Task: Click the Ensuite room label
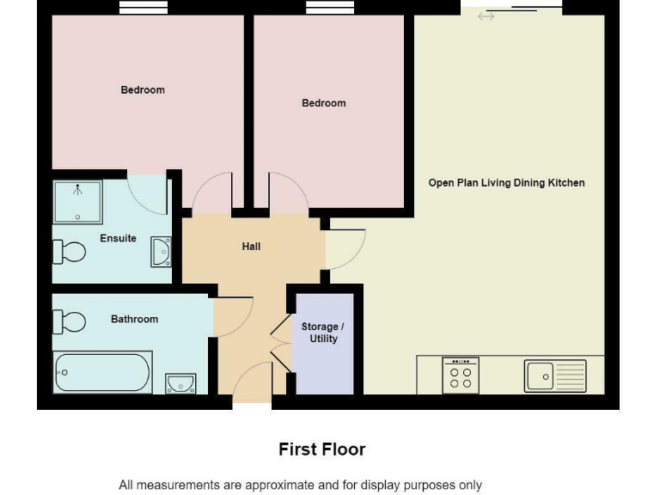pos(118,238)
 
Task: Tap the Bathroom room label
pos(134,319)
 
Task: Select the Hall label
pos(251,247)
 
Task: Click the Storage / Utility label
pos(322,333)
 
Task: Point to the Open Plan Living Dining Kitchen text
pos(506,183)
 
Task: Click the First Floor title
pos(321,449)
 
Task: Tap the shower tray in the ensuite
pos(77,202)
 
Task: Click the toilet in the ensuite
pos(70,252)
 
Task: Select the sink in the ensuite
pos(161,251)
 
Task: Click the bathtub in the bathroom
pos(102,372)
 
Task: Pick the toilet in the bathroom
pos(70,321)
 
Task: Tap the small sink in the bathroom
pos(180,382)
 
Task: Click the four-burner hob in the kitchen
pos(461,376)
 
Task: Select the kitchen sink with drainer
pos(555,376)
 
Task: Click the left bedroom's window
pos(143,8)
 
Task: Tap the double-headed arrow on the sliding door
pos(486,16)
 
